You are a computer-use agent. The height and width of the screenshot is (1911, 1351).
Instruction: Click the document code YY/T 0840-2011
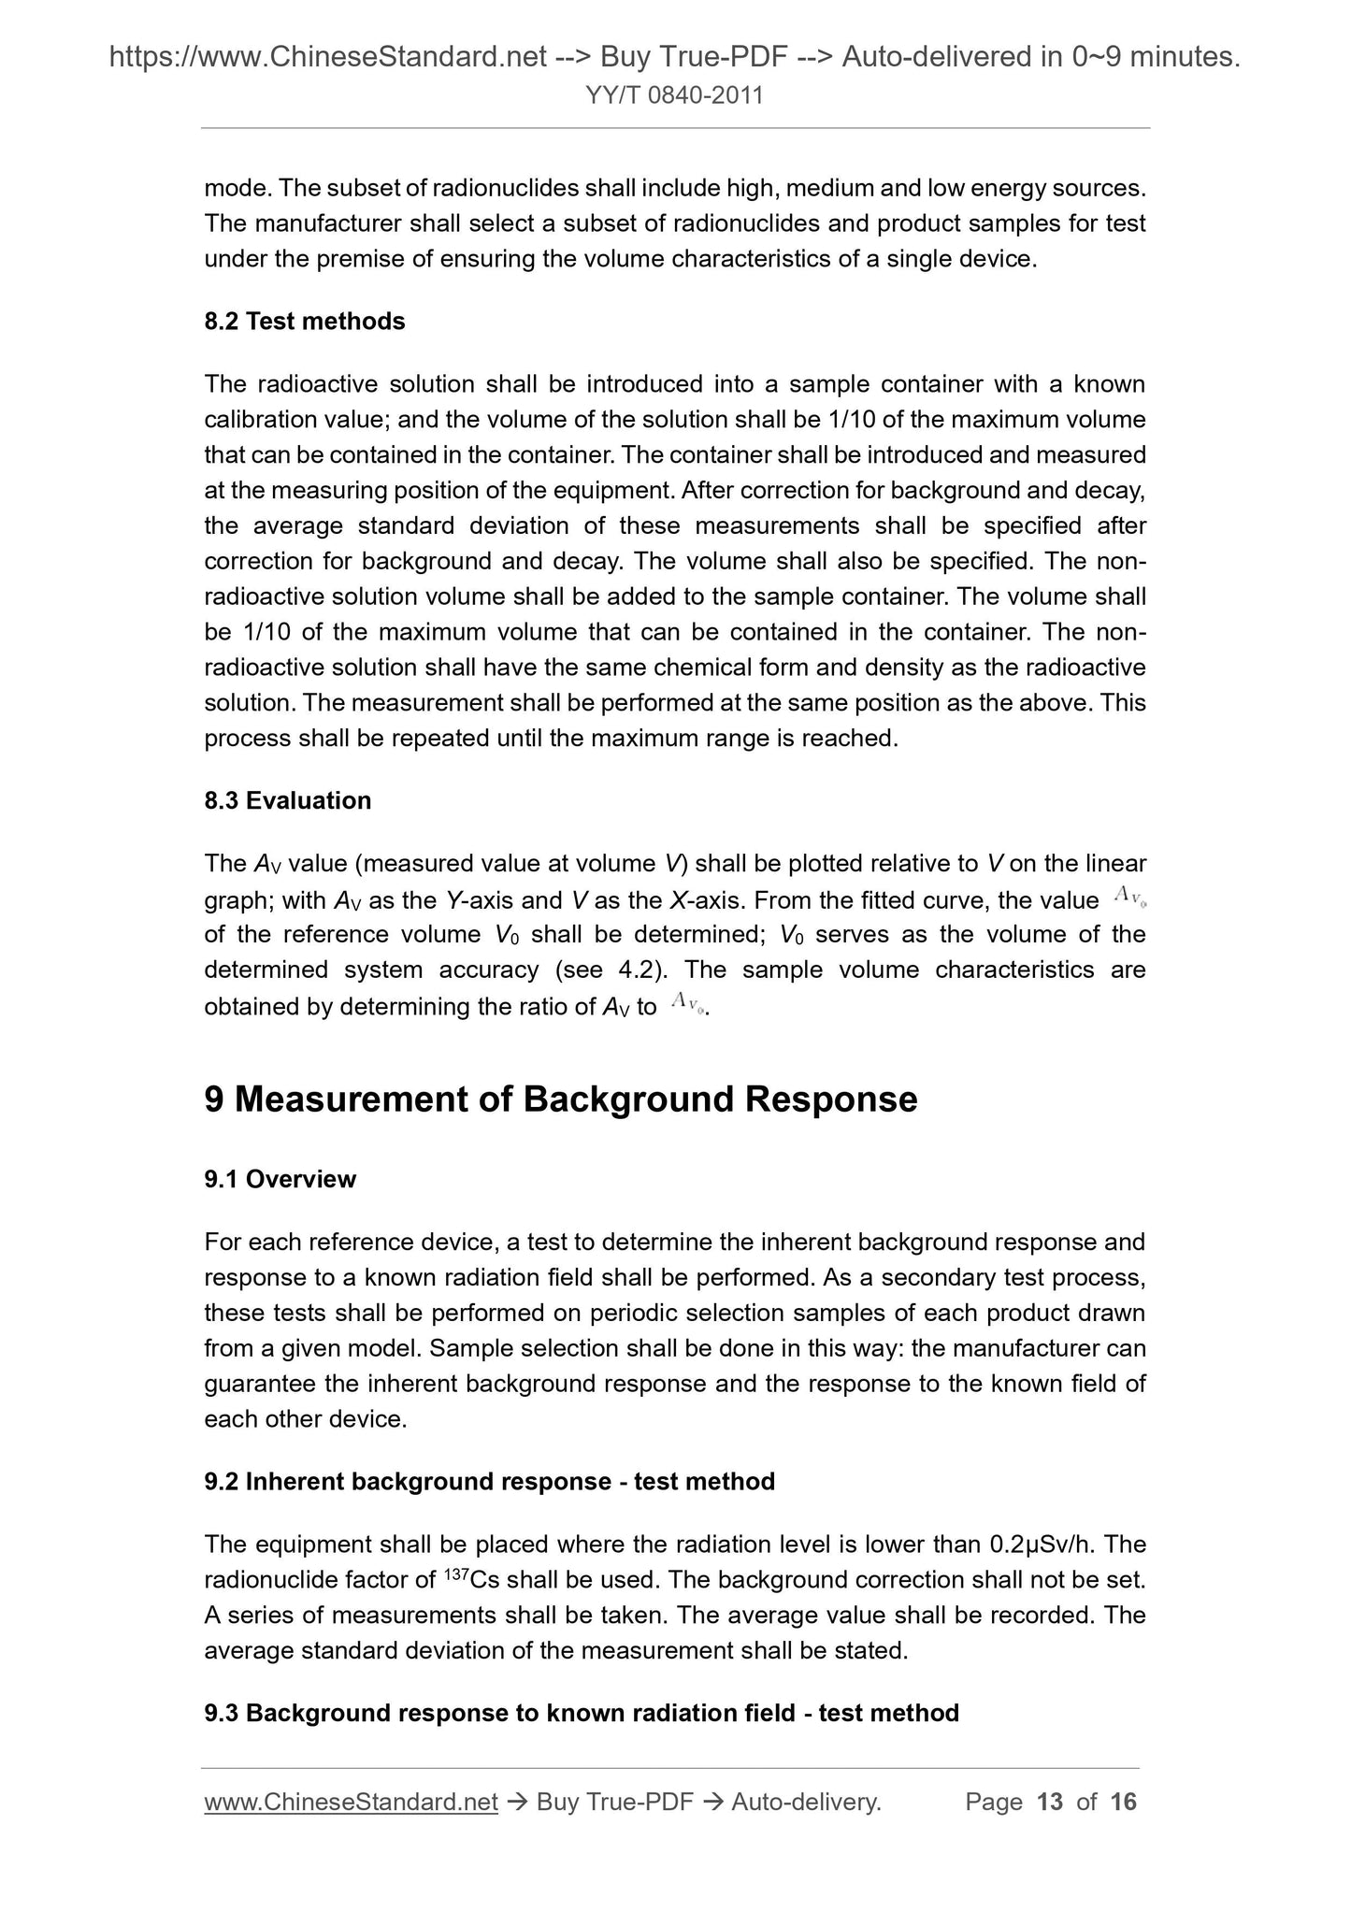675,95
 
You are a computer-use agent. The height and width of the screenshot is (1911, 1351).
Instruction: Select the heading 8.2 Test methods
305,322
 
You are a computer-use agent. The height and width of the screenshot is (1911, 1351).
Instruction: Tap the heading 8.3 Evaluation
288,800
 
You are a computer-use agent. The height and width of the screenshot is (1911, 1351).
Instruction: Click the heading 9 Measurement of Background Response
561,1099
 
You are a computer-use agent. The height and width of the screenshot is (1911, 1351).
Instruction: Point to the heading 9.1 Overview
280,1179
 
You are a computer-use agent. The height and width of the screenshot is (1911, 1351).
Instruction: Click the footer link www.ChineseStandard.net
351,1802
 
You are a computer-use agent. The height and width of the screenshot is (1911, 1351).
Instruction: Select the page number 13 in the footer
1050,1802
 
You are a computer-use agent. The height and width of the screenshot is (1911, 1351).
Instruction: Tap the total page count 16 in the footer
1123,1802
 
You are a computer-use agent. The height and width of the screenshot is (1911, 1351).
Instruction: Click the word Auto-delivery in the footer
806,1802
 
